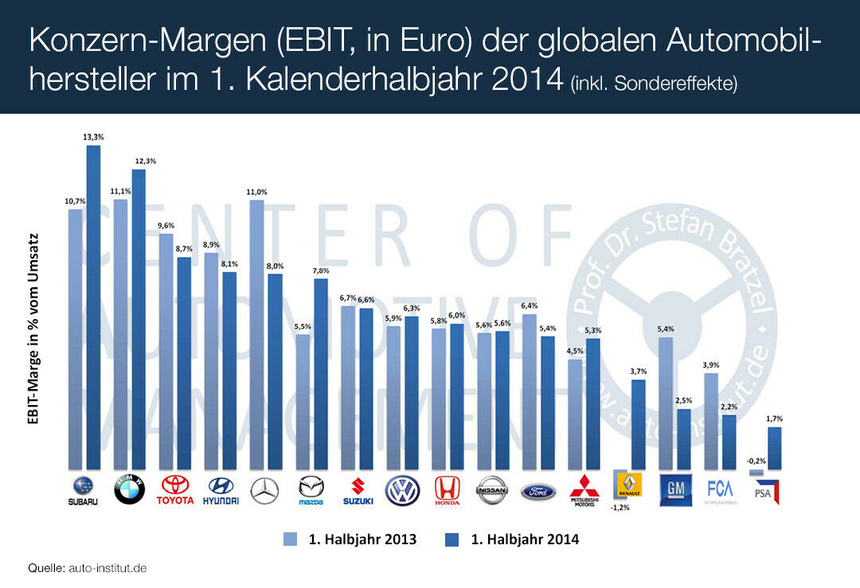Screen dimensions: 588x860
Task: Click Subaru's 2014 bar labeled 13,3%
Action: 93,307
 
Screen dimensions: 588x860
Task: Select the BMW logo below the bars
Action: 129,490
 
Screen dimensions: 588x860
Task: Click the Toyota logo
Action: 174,490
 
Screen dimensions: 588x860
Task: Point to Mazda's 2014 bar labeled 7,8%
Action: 320,374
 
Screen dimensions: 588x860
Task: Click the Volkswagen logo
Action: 402,491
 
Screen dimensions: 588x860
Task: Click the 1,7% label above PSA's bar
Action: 774,419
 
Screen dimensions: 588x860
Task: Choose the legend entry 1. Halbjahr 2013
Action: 350,539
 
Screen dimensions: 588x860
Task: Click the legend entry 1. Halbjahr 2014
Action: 513,539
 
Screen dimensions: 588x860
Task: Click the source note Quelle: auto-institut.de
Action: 88,568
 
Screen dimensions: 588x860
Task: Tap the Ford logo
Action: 538,492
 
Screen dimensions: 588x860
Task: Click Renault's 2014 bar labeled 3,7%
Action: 638,424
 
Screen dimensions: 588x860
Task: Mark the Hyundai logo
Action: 221,490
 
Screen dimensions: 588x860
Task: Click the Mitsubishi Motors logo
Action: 584,490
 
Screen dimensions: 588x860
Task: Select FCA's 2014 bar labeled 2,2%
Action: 729,442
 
